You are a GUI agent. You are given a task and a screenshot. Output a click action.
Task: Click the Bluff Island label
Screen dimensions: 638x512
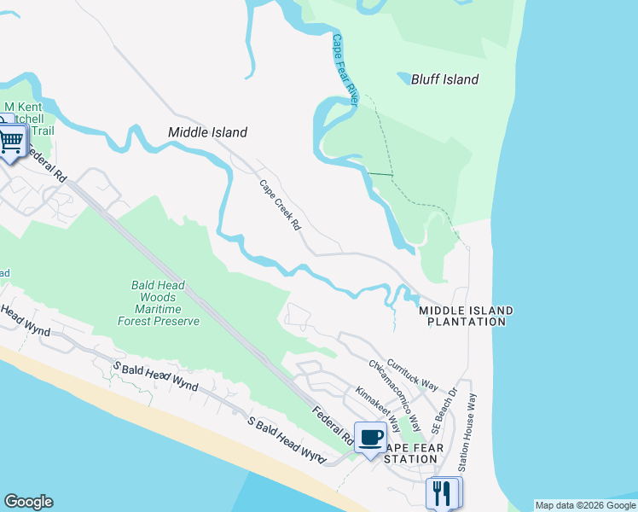click(444, 79)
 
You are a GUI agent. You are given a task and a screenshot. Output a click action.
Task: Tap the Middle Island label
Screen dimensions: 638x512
click(207, 132)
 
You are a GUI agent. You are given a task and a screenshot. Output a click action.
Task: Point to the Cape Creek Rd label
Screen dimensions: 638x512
click(281, 205)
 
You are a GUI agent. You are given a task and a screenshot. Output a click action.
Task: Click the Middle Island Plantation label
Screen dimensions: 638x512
click(466, 316)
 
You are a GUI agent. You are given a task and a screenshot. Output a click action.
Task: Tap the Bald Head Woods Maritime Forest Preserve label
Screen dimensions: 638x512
click(159, 303)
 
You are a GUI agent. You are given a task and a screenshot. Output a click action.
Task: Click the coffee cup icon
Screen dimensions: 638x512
click(370, 438)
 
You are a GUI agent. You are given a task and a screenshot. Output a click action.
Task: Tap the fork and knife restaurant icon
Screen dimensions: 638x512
click(442, 492)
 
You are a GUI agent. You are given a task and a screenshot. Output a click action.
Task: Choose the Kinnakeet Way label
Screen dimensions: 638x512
click(379, 409)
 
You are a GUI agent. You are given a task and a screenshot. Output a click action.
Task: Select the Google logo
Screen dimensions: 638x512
click(28, 502)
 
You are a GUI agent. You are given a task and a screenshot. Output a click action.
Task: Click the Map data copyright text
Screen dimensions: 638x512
click(584, 505)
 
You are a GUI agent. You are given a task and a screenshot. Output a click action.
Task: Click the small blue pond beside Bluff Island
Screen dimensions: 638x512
click(403, 79)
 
